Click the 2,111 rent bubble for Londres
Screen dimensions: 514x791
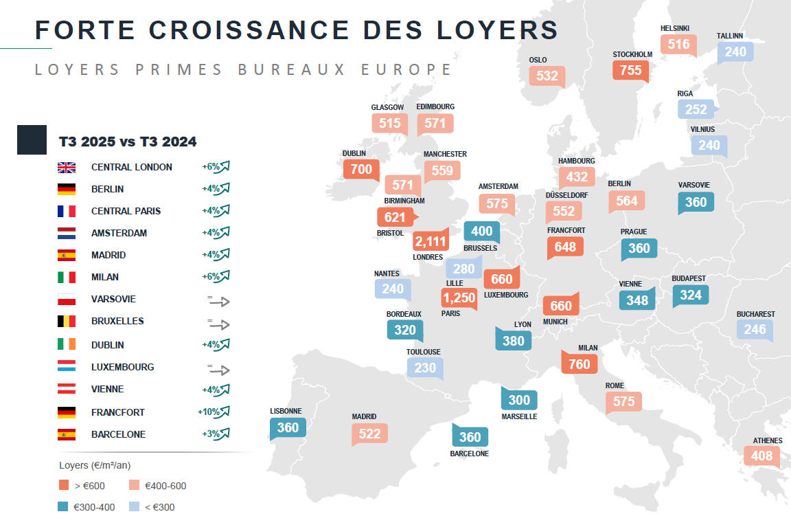coord(430,241)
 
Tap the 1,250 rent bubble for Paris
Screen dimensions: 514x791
coord(459,298)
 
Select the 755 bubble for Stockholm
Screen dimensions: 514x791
coord(630,70)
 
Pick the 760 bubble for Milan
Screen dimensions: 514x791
coord(579,364)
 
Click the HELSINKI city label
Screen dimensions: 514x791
coord(674,28)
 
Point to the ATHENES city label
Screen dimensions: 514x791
coord(767,440)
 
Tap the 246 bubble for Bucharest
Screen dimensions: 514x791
coord(755,329)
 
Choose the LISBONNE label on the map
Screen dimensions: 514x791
coord(286,411)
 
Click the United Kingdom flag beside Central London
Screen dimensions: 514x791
coord(67,167)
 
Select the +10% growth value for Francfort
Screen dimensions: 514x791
coord(208,412)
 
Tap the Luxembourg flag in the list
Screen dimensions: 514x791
coord(67,367)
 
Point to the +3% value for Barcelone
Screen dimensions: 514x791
coord(210,434)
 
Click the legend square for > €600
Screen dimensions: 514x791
coord(63,485)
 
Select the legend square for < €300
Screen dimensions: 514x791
coord(133,507)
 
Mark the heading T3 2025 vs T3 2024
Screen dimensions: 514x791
coord(128,142)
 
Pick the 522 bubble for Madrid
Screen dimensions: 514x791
coord(369,433)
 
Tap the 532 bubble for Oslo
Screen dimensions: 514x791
coord(547,76)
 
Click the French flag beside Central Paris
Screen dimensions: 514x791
coord(67,211)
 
